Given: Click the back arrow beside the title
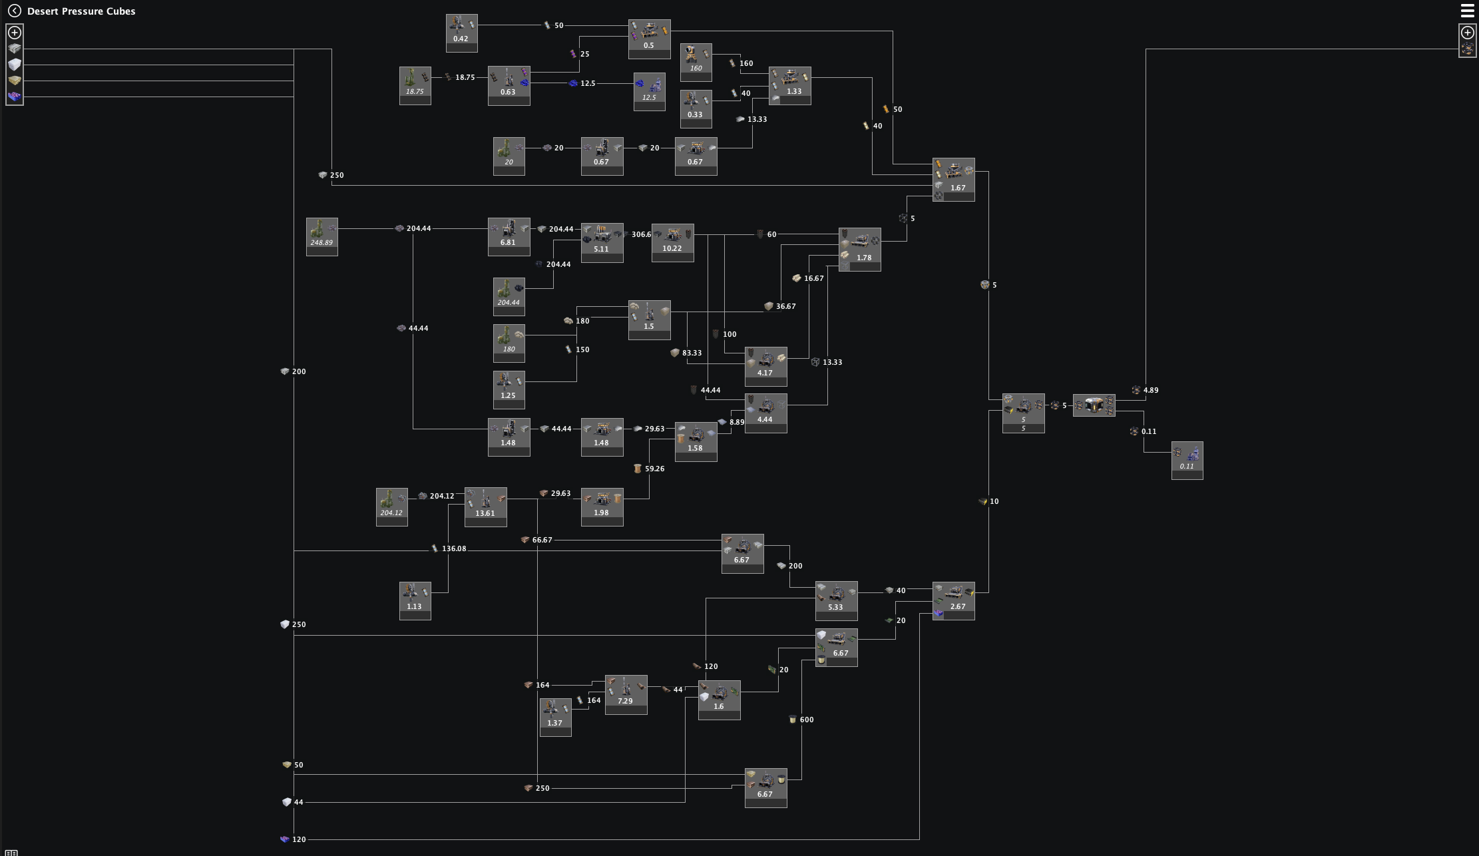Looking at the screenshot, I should coord(15,11).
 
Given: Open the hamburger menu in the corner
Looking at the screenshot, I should coord(1467,11).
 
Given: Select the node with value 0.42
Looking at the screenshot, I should coord(461,33).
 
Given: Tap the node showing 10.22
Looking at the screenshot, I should coord(672,242).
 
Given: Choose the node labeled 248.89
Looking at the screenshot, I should coord(321,236).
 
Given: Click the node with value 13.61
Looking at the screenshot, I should coord(485,507).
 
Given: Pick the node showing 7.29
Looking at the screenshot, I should coord(626,694).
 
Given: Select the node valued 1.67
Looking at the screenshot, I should coord(953,179).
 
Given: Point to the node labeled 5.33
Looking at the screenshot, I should coord(836,600).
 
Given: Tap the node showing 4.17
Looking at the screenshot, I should coord(765,366).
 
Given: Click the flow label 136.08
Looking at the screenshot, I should coord(454,548).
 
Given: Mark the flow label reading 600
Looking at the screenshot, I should coord(806,720).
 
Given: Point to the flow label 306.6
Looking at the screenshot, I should coord(641,234).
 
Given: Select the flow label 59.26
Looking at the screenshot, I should coord(654,469).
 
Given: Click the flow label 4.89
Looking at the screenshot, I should coord(1150,390).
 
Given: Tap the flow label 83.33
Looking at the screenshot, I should coord(692,353).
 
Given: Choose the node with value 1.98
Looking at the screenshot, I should coord(602,507).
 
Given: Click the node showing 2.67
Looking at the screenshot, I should coord(953,600).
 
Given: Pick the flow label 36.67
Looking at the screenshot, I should coord(785,306).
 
